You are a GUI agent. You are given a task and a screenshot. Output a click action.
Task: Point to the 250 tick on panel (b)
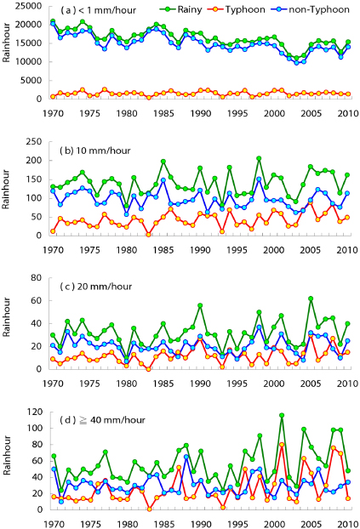37,138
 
